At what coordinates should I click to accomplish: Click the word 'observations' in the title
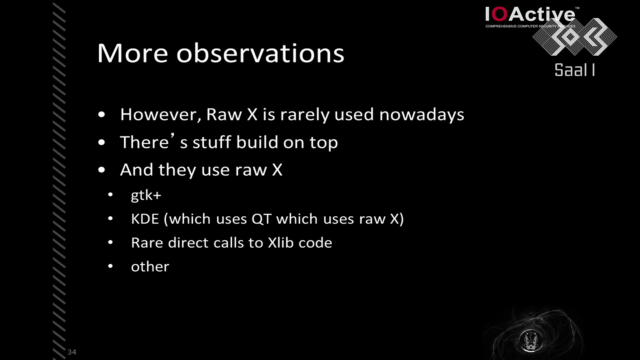[260, 53]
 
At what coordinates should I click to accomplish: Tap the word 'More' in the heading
[133, 53]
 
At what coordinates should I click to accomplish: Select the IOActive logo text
[530, 15]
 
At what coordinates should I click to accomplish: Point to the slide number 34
[72, 352]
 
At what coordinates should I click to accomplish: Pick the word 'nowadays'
[422, 115]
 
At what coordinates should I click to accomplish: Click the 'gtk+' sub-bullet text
[146, 195]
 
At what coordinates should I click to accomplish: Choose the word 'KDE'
[145, 219]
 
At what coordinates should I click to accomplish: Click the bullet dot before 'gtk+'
[110, 195]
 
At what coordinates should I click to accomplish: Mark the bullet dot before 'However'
[102, 115]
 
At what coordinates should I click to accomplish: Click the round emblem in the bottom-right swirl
[531, 340]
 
